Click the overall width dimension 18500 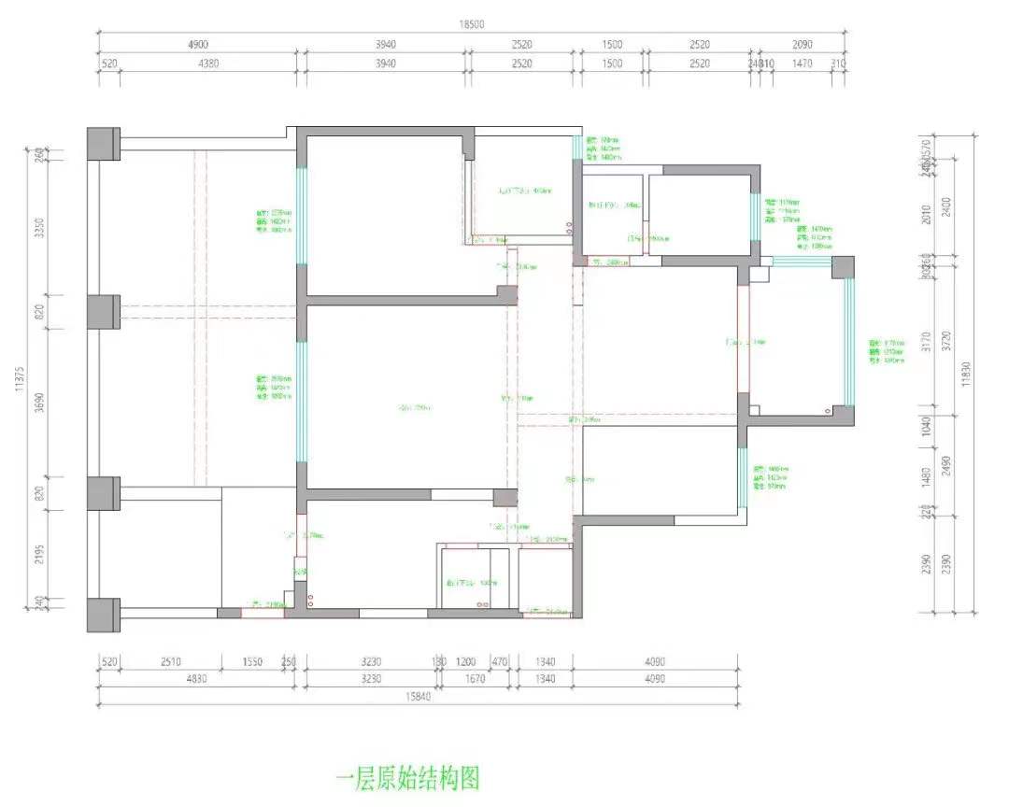point(472,25)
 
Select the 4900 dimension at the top point(198,45)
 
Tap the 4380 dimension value point(208,64)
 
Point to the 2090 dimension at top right point(803,45)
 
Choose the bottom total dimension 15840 point(418,696)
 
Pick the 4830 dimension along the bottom point(198,679)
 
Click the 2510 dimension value point(171,661)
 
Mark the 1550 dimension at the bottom point(252,661)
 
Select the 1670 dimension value point(476,679)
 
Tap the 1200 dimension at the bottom point(465,661)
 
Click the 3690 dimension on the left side point(39,403)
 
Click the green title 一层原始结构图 point(407,777)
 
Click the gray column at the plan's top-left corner point(103,143)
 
